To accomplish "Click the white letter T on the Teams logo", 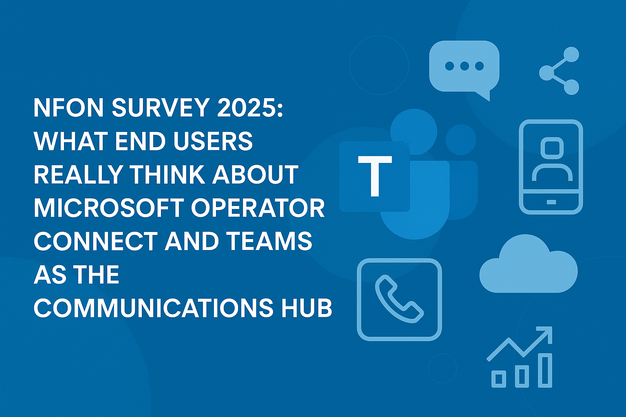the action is coord(375,176).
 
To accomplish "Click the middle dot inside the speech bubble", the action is coord(464,66).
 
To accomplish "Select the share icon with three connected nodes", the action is coord(559,71).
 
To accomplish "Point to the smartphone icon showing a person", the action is coord(551,167).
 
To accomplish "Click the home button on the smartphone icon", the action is coord(551,202).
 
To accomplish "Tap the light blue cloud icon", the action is coord(529,264).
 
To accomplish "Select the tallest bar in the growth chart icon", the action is coord(545,370).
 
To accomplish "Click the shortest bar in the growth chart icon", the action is coord(499,379).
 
